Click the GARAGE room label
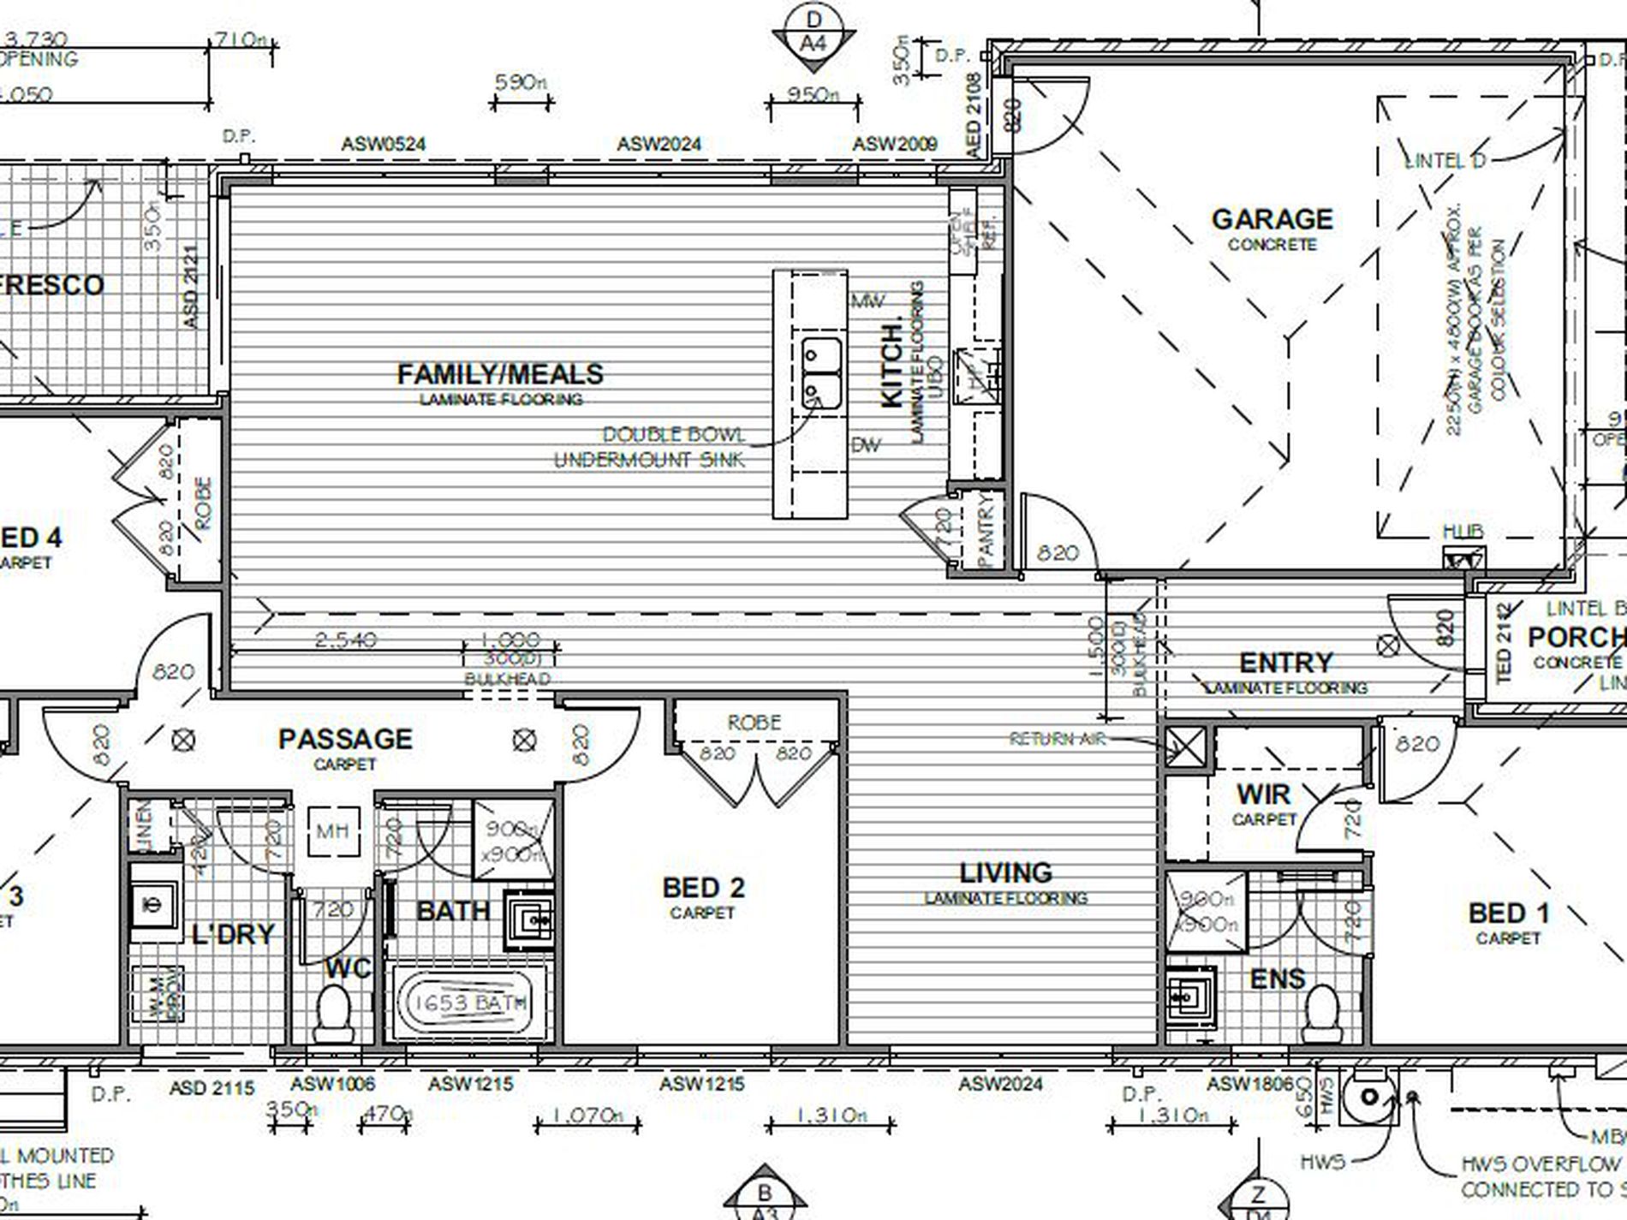click(1272, 220)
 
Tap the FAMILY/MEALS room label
click(500, 374)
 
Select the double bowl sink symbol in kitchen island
click(821, 373)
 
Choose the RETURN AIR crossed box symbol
click(1186, 747)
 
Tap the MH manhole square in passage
click(333, 830)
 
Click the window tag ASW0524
click(383, 144)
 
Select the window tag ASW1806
click(1249, 1084)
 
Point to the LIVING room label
click(1005, 873)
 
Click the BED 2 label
click(703, 888)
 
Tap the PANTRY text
click(984, 528)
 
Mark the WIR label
click(1263, 794)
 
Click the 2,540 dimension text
click(345, 640)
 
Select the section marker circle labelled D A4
click(813, 33)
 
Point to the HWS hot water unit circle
click(1368, 1097)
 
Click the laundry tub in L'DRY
click(154, 904)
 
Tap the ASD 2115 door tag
click(212, 1088)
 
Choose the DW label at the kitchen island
click(867, 445)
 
